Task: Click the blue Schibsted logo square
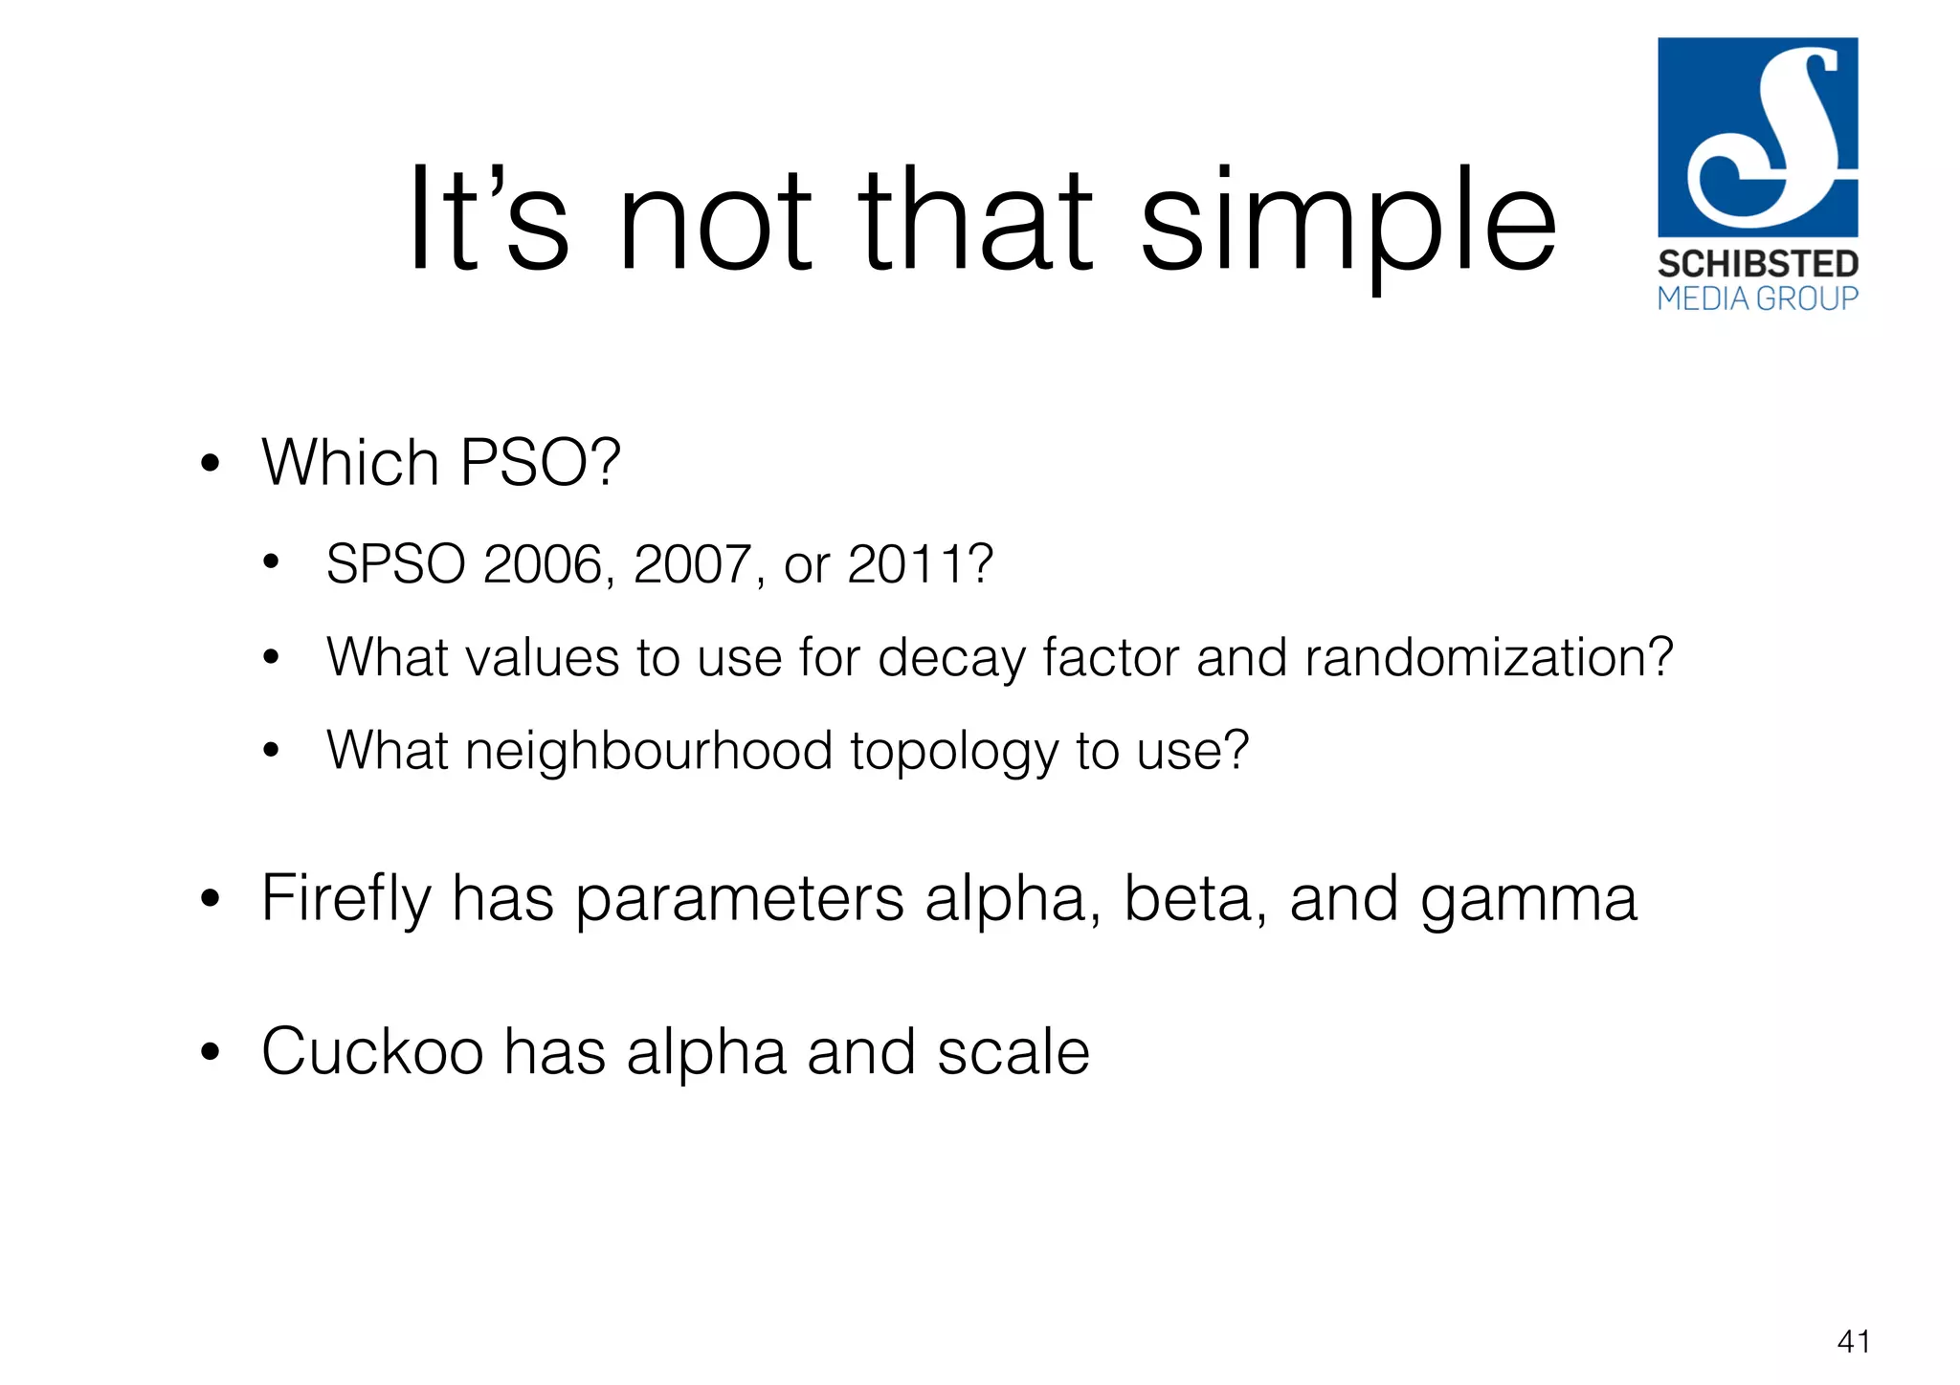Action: pyautogui.click(x=1757, y=137)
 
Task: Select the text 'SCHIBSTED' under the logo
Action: pyautogui.click(x=1757, y=264)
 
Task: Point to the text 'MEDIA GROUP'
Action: pyautogui.click(x=1757, y=299)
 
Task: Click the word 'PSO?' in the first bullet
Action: pyautogui.click(x=541, y=463)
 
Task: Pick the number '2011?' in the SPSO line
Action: pyautogui.click(x=921, y=564)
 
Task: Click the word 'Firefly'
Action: pyautogui.click(x=346, y=900)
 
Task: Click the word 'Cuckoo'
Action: pyautogui.click(x=372, y=1052)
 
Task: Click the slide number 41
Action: pyautogui.click(x=1853, y=1342)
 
